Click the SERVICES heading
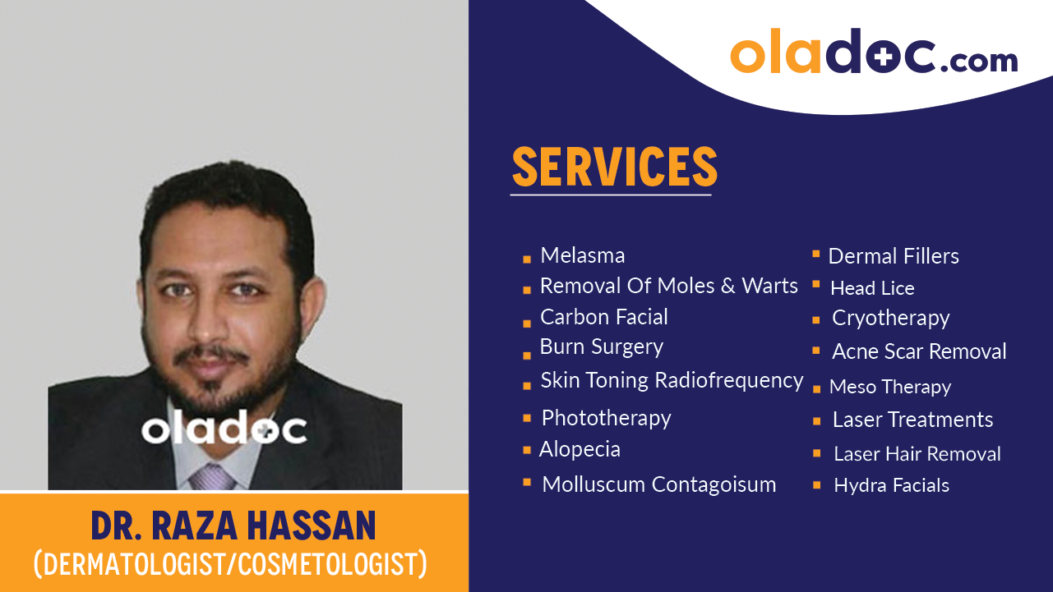[x=614, y=167]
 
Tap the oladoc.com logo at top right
[x=873, y=52]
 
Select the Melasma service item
[x=582, y=255]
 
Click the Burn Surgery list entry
[x=601, y=346]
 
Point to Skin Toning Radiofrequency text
[x=672, y=380]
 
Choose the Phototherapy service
[x=606, y=418]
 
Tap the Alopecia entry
[x=580, y=449]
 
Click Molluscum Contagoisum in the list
[x=658, y=484]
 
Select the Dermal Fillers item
[x=894, y=256]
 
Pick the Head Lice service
[x=872, y=288]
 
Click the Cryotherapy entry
[x=890, y=318]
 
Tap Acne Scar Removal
[x=919, y=351]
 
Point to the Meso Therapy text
[x=890, y=387]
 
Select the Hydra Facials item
[x=891, y=485]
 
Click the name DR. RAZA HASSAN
[x=233, y=525]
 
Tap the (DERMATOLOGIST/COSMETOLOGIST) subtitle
[x=230, y=564]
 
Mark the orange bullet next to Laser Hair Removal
[x=816, y=453]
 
